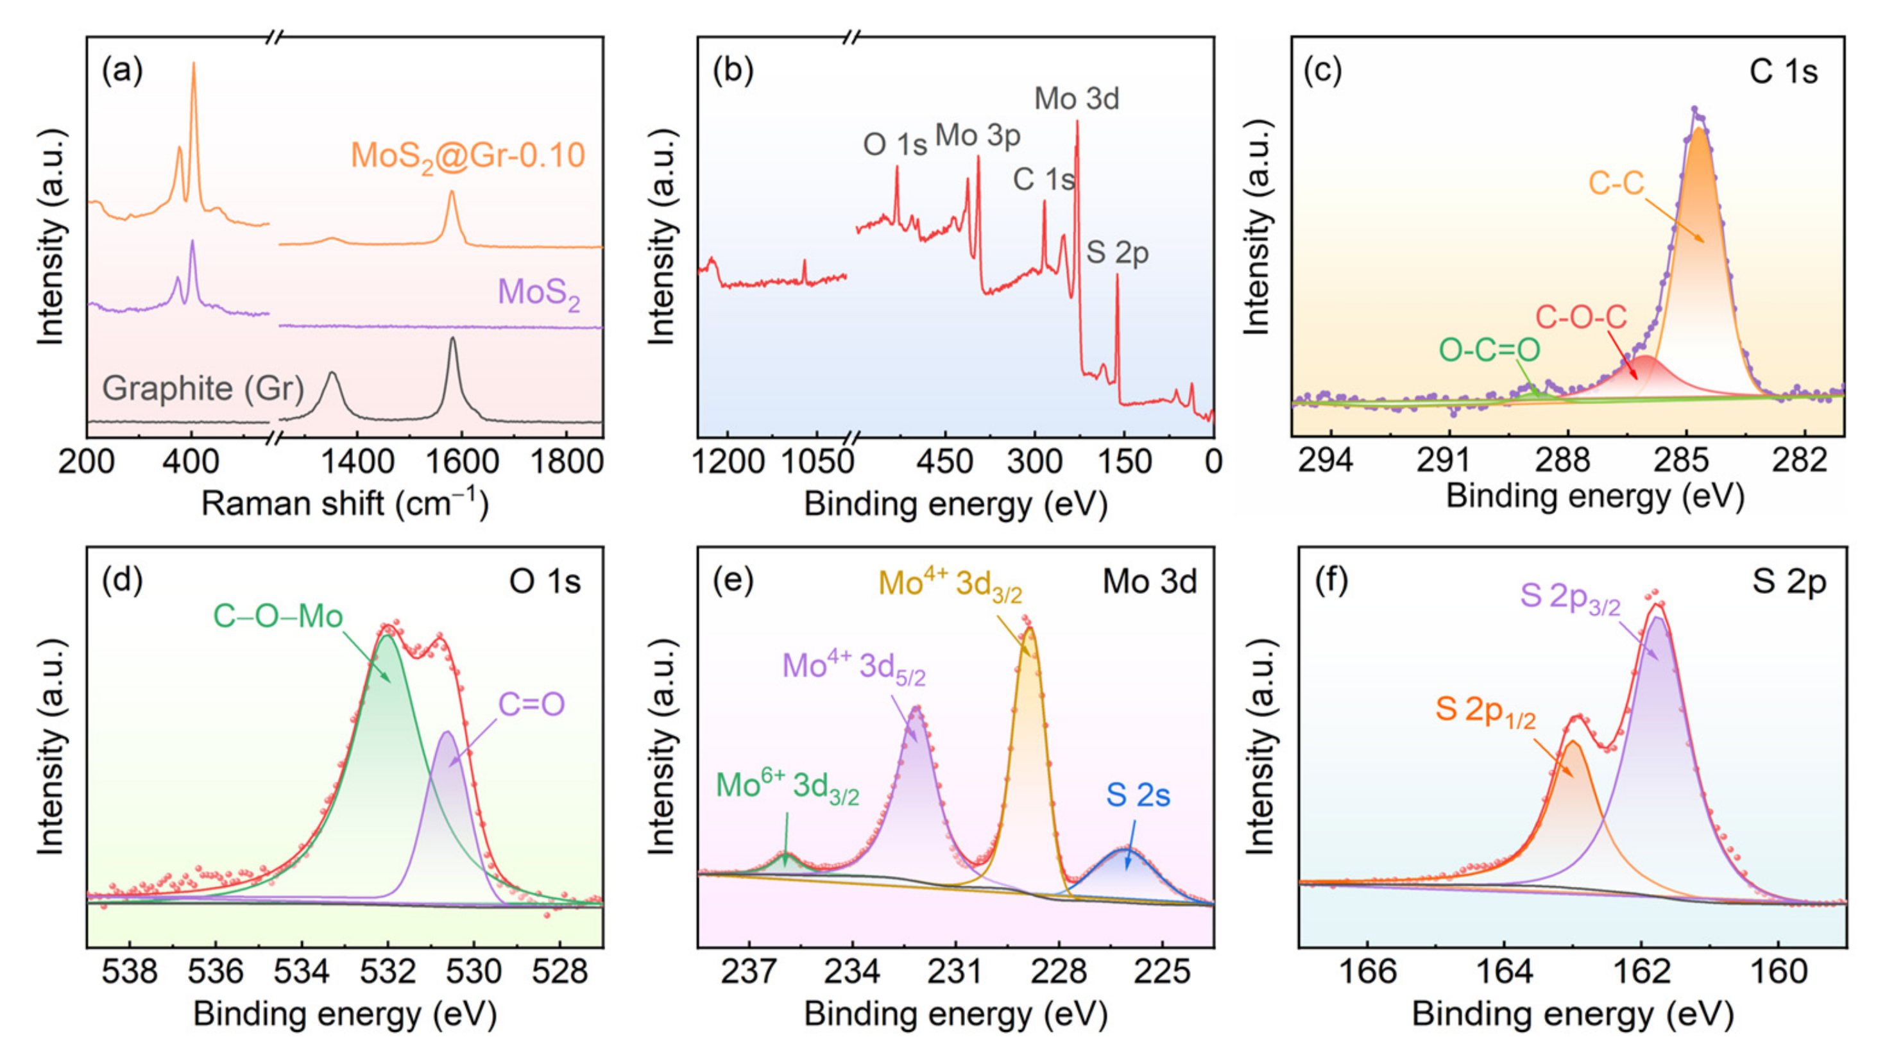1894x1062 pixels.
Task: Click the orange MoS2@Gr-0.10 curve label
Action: click(468, 156)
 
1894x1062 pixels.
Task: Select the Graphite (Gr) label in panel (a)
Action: click(203, 388)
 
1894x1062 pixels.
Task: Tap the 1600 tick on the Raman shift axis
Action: click(462, 462)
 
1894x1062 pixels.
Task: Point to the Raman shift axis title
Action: click(345, 504)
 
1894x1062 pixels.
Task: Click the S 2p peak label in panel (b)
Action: click(1117, 253)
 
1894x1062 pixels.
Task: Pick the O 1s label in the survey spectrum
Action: click(894, 144)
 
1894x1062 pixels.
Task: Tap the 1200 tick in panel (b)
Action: click(728, 462)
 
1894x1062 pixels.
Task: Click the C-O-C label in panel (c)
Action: click(1581, 317)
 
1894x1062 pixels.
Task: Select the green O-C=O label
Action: click(1489, 351)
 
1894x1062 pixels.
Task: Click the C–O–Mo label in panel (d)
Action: click(278, 616)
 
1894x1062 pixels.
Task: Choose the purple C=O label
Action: click(531, 704)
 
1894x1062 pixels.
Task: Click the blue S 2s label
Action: click(1138, 795)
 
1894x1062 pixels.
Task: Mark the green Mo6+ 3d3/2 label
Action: click(787, 786)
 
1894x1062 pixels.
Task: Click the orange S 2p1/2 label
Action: click(1485, 710)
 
